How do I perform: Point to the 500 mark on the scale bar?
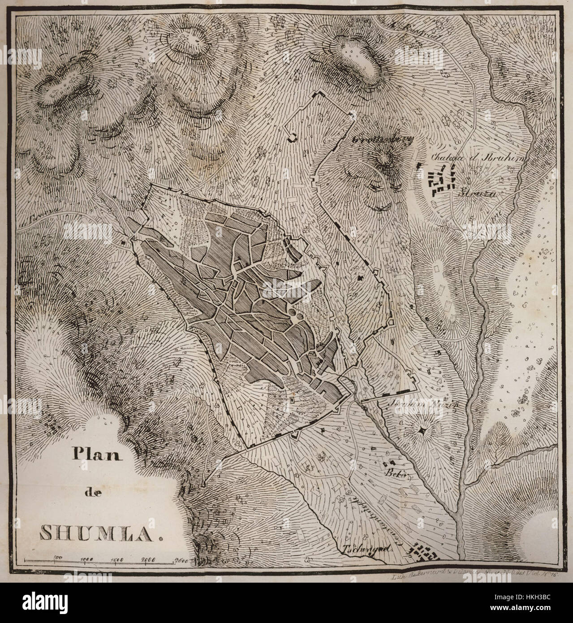point(57,557)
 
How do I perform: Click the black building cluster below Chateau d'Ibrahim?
point(441,181)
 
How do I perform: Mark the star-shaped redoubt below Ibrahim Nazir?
point(421,431)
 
